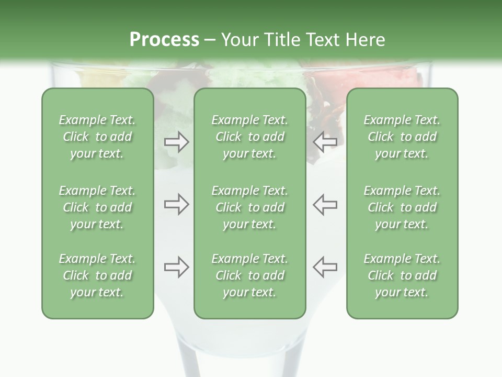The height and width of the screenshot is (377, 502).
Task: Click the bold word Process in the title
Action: click(164, 39)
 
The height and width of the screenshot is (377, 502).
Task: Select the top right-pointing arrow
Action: click(176, 142)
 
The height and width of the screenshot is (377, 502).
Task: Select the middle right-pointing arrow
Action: click(176, 204)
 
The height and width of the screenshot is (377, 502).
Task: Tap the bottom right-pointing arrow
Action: click(176, 267)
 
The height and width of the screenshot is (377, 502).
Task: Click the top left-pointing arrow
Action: click(325, 142)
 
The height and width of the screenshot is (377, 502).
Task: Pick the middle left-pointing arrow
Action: click(325, 204)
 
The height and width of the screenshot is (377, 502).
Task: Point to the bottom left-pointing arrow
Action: click(325, 267)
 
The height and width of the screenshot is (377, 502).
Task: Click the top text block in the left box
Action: click(97, 137)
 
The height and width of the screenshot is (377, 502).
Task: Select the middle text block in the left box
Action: click(97, 207)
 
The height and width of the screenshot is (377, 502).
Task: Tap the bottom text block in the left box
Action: click(97, 275)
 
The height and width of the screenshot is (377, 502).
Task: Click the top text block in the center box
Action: click(249, 137)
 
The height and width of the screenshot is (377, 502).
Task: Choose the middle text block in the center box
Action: click(249, 207)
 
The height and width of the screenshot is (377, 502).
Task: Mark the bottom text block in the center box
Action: click(249, 275)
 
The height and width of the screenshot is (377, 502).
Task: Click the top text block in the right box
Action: click(402, 137)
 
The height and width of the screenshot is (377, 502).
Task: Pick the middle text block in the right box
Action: click(402, 207)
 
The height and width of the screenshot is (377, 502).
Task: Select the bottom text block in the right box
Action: click(402, 275)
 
